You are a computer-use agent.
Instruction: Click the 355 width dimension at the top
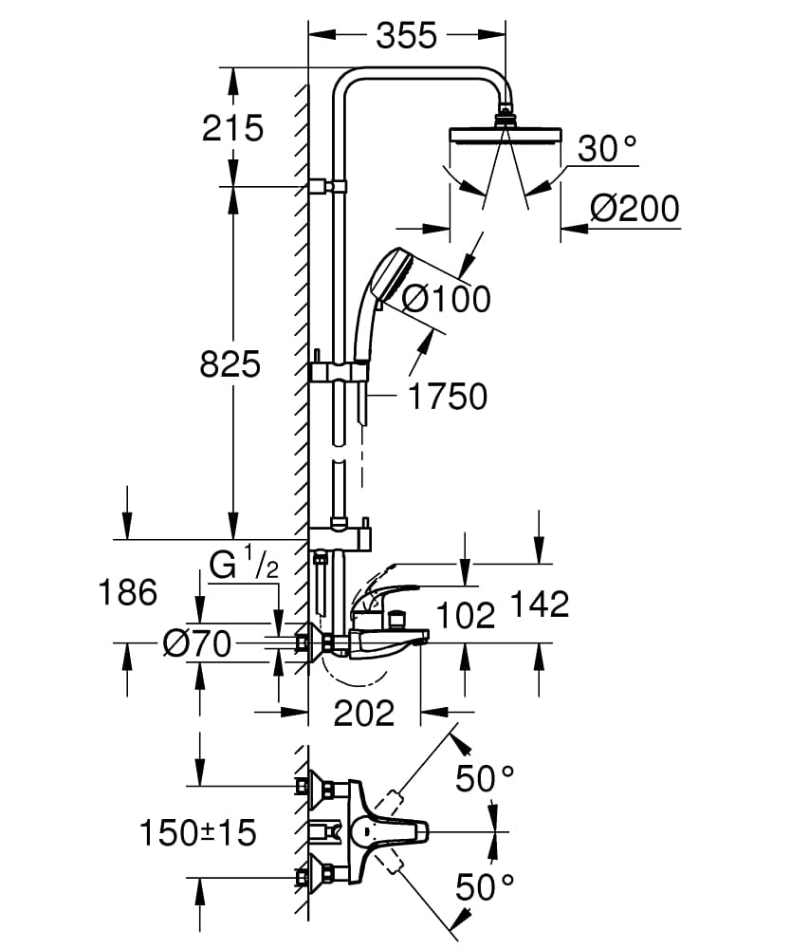pos(407,35)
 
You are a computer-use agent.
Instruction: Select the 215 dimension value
pos(233,127)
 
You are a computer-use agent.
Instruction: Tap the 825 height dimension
pos(230,363)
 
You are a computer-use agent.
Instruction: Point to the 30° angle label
pos(608,149)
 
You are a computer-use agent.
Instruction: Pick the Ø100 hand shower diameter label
pos(446,299)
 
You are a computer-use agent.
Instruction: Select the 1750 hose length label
pos(447,397)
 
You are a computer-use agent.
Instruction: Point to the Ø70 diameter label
pos(196,644)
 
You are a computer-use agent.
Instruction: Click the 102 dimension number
pos(466,615)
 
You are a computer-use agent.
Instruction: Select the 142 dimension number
pos(539,604)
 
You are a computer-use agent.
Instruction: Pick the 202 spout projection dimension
pos(364,713)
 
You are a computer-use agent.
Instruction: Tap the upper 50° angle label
pos(485,779)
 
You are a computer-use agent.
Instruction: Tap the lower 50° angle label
pos(485,888)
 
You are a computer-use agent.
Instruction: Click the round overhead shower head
pos(508,133)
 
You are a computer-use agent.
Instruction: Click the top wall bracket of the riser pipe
pos(328,186)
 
